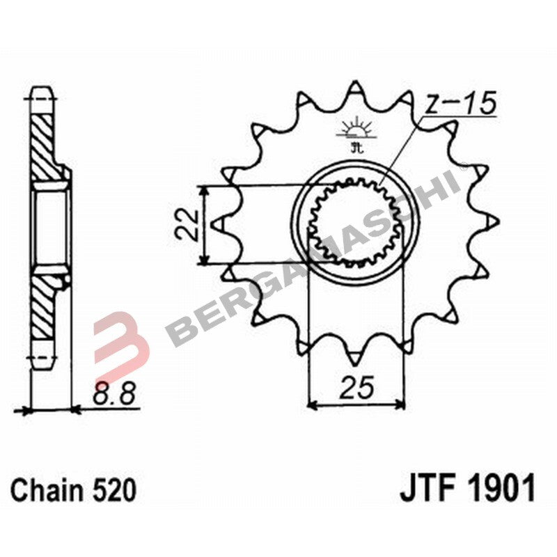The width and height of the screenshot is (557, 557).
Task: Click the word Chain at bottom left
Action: [49, 490]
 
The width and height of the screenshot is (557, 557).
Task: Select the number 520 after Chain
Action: [113, 490]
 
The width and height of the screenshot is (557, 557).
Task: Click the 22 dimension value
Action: [187, 225]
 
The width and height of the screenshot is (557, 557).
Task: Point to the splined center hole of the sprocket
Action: [356, 224]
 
